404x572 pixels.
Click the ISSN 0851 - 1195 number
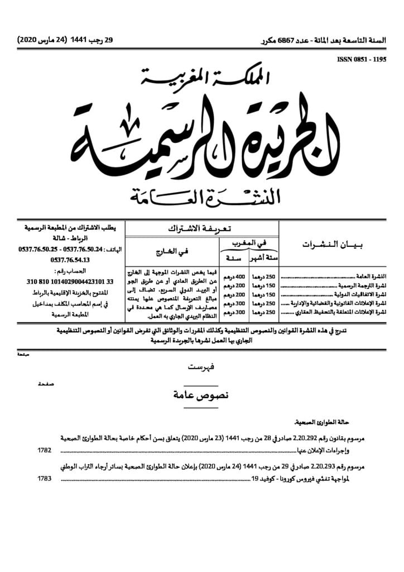(x=360, y=58)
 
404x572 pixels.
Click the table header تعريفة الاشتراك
(x=201, y=229)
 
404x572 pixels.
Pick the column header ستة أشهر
(x=265, y=258)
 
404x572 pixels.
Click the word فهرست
(x=202, y=366)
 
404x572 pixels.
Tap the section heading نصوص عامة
(x=202, y=395)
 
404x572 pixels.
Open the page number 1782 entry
(x=45, y=450)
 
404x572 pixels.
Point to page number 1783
(x=45, y=479)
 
